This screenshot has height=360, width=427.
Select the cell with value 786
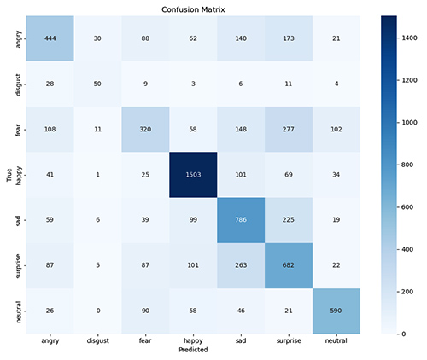click(241, 221)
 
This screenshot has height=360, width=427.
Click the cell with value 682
click(289, 266)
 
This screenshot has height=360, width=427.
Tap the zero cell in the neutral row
click(96, 311)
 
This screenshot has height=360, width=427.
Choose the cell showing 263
click(241, 266)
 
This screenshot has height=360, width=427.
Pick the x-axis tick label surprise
click(289, 340)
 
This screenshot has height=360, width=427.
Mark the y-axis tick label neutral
click(18, 311)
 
